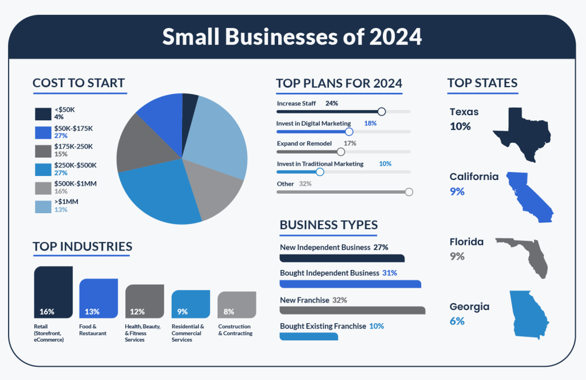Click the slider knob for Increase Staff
(382, 112)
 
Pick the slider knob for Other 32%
(409, 192)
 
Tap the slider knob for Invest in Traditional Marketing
(320, 171)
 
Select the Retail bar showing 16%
(53, 292)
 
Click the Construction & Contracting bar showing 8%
(236, 304)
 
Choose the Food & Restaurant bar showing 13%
(98, 298)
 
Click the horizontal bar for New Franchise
(352, 310)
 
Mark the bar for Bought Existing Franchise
(308, 336)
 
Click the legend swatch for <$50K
(43, 113)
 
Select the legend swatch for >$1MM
(43, 206)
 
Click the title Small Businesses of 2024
(292, 37)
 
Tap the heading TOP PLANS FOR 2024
(339, 83)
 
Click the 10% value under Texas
(460, 126)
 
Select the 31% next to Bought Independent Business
(390, 273)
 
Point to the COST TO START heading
(78, 83)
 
